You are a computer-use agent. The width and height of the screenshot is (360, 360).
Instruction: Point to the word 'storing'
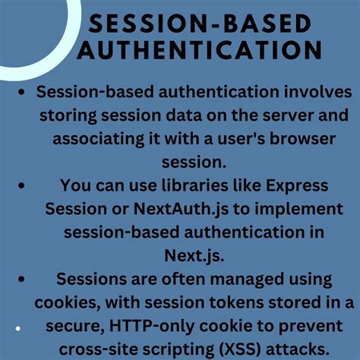click(x=75, y=118)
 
